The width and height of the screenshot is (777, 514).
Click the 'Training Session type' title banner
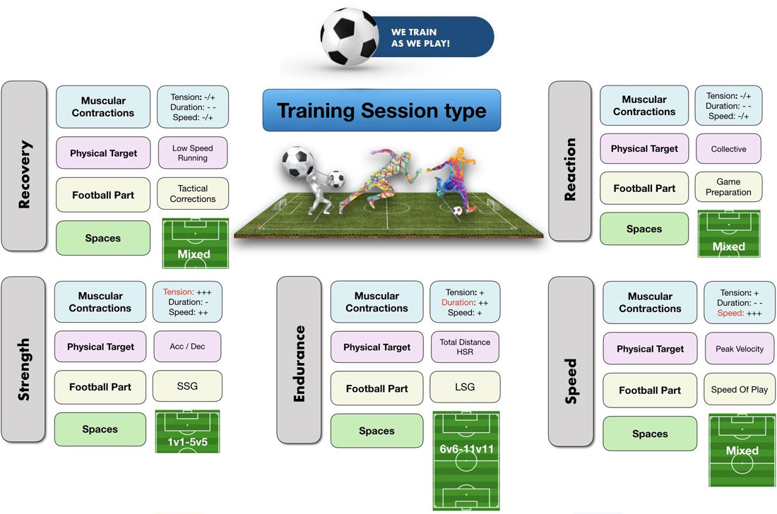click(x=381, y=110)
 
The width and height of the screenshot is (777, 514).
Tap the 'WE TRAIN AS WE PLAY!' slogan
click(x=420, y=37)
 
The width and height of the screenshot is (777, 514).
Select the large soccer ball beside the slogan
click(x=350, y=37)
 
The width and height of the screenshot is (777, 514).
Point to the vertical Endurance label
click(x=299, y=360)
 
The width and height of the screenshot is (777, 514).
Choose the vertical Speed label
click(x=571, y=361)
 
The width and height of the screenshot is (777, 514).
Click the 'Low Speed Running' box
click(x=193, y=153)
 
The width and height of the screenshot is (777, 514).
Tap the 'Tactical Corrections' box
click(x=193, y=193)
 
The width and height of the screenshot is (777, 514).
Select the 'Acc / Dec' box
click(x=187, y=347)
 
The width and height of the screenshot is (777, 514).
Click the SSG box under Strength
click(x=187, y=385)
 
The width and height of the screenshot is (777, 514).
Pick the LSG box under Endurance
click(x=465, y=387)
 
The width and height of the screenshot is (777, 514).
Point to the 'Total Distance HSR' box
click(x=465, y=347)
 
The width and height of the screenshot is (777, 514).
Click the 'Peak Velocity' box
click(x=740, y=349)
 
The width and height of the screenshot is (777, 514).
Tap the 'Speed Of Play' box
click(x=740, y=390)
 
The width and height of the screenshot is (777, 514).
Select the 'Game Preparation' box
click(x=728, y=187)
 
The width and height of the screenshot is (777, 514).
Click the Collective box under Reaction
click(x=728, y=148)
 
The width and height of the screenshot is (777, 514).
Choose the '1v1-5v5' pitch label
click(x=187, y=442)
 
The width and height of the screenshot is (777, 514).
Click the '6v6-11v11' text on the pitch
click(x=466, y=449)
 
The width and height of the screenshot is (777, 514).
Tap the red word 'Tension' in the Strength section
click(x=178, y=292)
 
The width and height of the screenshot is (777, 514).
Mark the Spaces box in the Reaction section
click(x=644, y=229)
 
